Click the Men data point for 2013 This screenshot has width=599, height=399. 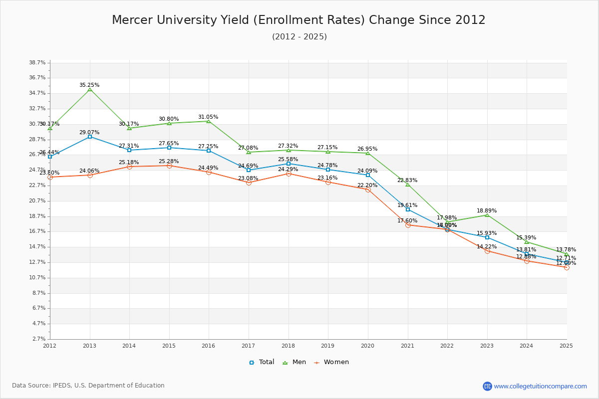pyautogui.click(x=90, y=89)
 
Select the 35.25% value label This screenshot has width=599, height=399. pyautogui.click(x=89, y=85)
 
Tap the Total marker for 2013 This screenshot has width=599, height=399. pyautogui.click(x=90, y=137)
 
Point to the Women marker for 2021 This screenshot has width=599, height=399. pyautogui.click(x=408, y=225)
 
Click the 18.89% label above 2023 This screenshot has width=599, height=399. pyautogui.click(x=487, y=211)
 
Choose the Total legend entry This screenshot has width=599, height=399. pyautogui.click(x=262, y=362)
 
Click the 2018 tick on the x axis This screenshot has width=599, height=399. pyautogui.click(x=288, y=345)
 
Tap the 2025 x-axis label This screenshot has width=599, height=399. pyautogui.click(x=566, y=345)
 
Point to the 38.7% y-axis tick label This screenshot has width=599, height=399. pyautogui.click(x=37, y=63)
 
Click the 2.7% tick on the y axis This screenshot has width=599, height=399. pyautogui.click(x=39, y=339)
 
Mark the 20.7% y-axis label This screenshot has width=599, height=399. pyautogui.click(x=37, y=201)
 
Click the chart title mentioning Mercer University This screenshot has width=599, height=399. pyautogui.click(x=299, y=20)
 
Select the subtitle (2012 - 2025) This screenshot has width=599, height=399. pyautogui.click(x=299, y=37)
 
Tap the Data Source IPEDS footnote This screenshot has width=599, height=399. pyautogui.click(x=88, y=386)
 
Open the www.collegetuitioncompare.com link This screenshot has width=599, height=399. pyautogui.click(x=540, y=386)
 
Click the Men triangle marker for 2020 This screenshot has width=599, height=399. pyautogui.click(x=368, y=153)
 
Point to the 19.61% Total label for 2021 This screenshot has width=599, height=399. pyautogui.click(x=407, y=205)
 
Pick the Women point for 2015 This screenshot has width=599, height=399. pyautogui.click(x=169, y=166)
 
